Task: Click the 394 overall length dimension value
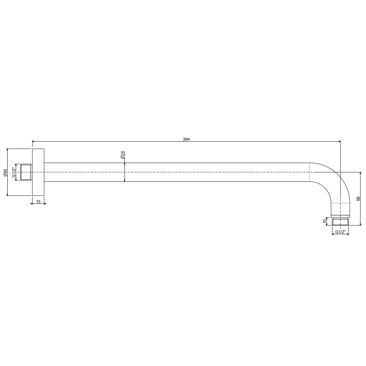[186, 139]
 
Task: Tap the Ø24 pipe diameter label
[122, 155]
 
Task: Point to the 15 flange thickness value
[39, 202]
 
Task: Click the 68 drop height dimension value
[358, 199]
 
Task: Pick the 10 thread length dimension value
[324, 221]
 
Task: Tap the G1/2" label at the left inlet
[14, 172]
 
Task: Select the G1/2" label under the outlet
[340, 232]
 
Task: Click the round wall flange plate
[38, 172]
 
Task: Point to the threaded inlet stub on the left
[26, 172]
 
